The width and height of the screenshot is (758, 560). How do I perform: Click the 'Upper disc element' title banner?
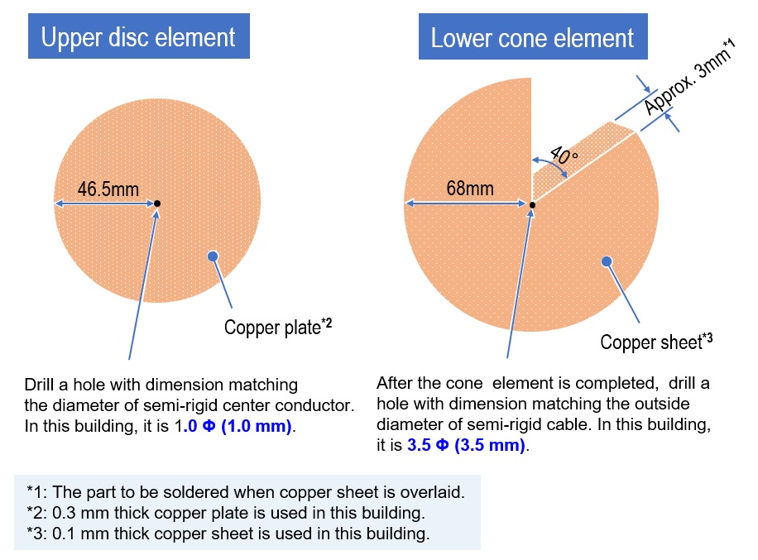[x=139, y=36]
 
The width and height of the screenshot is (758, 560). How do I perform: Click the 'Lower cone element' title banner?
[x=533, y=36]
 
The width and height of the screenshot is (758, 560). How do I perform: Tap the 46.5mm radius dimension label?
[x=108, y=189]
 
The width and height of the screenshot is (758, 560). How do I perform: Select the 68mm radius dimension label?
[x=470, y=188]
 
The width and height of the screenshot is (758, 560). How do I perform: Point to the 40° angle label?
[x=564, y=156]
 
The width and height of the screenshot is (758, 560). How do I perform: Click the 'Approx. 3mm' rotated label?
[x=688, y=77]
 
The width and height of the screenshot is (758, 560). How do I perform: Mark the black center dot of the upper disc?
[x=157, y=203]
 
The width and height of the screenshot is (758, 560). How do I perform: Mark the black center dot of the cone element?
[x=532, y=205]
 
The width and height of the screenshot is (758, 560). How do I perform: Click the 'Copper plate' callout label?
[x=278, y=327]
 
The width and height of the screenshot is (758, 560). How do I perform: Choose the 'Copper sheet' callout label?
[x=656, y=342]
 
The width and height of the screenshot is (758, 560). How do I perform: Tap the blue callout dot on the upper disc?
[x=213, y=256]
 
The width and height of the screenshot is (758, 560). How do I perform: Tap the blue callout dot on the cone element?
[x=607, y=261]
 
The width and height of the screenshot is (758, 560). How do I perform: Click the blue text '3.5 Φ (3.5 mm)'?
[x=466, y=444]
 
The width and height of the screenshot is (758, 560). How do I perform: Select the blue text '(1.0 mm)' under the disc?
[x=257, y=426]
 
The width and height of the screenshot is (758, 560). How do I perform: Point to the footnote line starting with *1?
[x=246, y=492]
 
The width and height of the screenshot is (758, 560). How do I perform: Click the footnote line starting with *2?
[x=226, y=513]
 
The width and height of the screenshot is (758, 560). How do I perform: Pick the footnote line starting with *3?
[x=228, y=534]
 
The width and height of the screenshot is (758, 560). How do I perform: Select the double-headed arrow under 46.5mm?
[x=104, y=203]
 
